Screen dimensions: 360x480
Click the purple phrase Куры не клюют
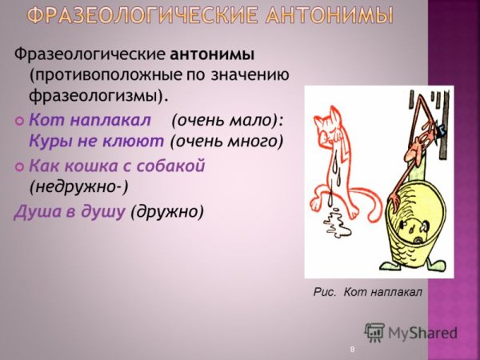coord(97,142)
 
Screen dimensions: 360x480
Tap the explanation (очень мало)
coord(227,120)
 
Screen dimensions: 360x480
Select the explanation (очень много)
coord(227,142)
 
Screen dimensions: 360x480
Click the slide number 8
coord(352,350)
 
